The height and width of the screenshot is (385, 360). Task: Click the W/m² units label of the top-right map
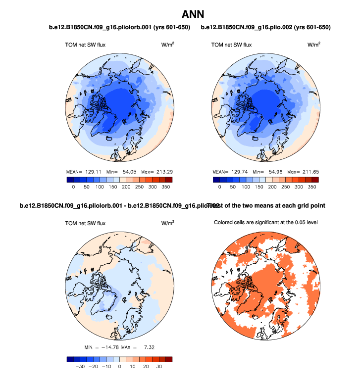(313, 45)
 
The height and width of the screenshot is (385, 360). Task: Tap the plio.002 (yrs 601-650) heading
(265, 27)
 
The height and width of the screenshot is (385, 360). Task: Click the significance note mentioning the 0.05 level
(265, 222)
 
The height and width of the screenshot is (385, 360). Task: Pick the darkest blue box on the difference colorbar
(70, 360)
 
